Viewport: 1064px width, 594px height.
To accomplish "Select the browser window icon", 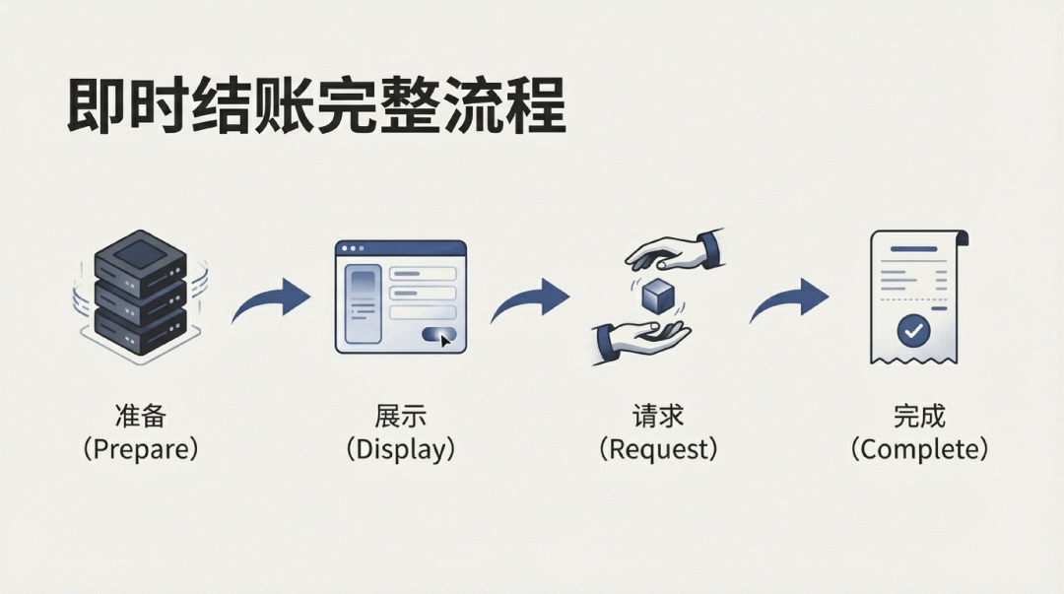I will pos(400,297).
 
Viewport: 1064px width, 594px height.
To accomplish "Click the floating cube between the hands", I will pos(656,295).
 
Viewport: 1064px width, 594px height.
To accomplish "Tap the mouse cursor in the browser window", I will pos(446,340).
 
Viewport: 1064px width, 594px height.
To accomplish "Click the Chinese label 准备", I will pos(141,415).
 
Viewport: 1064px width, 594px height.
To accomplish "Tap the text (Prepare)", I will pos(141,449).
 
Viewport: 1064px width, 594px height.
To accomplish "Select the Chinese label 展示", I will pos(400,415).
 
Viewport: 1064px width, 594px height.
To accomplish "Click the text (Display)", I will pos(400,449).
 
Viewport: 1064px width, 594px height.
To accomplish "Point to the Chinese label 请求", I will pos(658,415).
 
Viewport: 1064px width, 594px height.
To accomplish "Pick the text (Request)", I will pos(658,449).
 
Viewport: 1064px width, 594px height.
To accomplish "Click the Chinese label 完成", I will pos(918,415).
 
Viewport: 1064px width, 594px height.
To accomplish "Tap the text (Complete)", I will pos(918,449).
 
